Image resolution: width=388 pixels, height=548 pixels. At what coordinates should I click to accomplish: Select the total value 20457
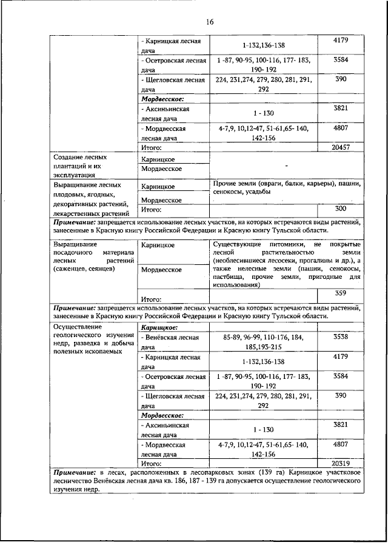pyautogui.click(x=340, y=147)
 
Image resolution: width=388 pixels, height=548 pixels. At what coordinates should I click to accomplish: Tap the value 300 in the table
pyautogui.click(x=340, y=208)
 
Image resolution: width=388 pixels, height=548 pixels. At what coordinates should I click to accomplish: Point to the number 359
pyautogui.click(x=340, y=293)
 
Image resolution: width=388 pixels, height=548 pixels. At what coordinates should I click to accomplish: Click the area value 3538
pyautogui.click(x=340, y=336)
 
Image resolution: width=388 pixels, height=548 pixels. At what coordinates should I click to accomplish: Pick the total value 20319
pyautogui.click(x=340, y=461)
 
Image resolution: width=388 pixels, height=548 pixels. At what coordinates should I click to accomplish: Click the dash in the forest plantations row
pyautogui.click(x=286, y=165)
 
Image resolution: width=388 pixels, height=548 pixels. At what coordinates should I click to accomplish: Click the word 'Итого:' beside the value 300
pyautogui.click(x=151, y=210)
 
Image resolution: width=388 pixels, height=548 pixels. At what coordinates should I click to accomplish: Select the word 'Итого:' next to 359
pyautogui.click(x=151, y=299)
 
